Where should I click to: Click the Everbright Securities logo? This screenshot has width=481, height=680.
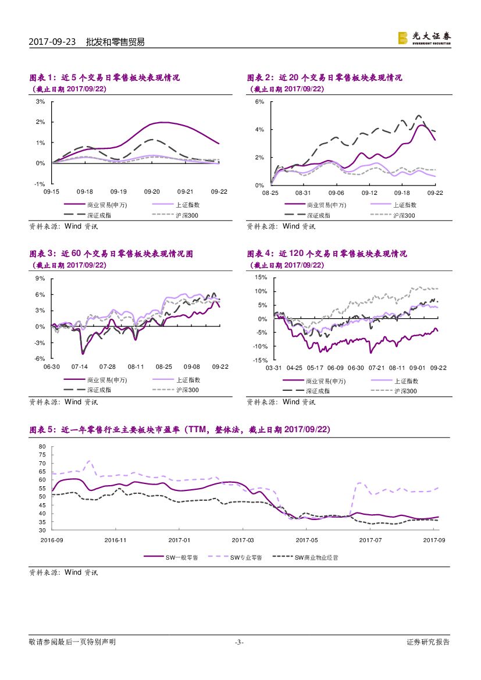tap(424, 37)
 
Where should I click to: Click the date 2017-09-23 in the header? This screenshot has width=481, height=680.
tap(52, 42)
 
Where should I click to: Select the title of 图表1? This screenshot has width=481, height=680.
tap(105, 78)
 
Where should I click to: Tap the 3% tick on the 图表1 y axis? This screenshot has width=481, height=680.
tap(41, 102)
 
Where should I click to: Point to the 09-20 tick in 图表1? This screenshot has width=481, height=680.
tap(152, 191)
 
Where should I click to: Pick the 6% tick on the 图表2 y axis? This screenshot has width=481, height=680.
tap(260, 102)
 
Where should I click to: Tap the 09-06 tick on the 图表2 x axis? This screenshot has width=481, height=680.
tap(337, 191)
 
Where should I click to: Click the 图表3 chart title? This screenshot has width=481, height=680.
tap(111, 254)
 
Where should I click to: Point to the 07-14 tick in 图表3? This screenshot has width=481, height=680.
tap(79, 367)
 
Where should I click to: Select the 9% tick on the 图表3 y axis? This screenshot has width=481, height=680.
tap(41, 279)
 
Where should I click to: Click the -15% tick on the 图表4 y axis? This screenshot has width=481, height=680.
tap(259, 360)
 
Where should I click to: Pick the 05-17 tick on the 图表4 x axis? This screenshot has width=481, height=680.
tap(315, 368)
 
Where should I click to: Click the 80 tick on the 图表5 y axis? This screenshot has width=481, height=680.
tap(42, 447)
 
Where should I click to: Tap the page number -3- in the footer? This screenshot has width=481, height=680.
tap(239, 642)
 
